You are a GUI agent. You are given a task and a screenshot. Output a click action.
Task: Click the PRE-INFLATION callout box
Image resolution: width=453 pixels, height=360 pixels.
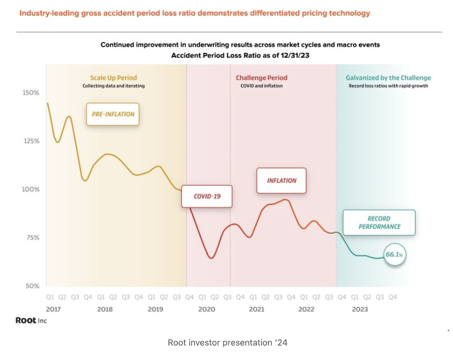tap(113, 114)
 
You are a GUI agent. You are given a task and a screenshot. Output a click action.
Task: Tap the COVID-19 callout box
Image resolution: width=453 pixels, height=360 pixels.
tap(207, 196)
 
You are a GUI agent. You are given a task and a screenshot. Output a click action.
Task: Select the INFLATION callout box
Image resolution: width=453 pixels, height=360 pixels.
tap(281, 181)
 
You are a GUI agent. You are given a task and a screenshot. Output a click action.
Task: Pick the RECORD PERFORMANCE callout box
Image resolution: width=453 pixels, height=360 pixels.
tap(380, 223)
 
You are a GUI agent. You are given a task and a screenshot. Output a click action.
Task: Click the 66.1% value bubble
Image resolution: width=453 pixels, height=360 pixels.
tap(394, 255)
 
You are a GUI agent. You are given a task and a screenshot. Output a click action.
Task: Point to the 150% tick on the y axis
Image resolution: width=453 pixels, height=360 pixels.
tap(30, 93)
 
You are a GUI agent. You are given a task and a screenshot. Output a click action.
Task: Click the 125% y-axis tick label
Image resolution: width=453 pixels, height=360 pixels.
tap(30, 141)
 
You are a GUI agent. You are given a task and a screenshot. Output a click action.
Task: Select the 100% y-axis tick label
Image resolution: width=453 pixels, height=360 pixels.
tap(30, 189)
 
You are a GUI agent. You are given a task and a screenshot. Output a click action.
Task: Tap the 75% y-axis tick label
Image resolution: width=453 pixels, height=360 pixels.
tap(31, 238)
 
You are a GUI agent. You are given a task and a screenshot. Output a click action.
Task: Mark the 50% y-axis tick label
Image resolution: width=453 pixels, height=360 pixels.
tap(31, 286)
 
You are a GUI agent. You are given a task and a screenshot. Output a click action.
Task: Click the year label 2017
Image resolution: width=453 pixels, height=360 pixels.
tap(53, 309)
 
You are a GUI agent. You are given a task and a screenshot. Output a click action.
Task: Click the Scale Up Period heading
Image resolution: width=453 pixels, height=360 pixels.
tap(113, 78)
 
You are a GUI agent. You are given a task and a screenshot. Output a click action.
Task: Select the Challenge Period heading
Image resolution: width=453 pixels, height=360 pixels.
tap(261, 78)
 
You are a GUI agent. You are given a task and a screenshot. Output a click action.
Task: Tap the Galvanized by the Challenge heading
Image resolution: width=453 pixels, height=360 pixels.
tap(388, 78)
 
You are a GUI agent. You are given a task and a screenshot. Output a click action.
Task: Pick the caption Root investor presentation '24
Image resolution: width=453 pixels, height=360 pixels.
tap(227, 343)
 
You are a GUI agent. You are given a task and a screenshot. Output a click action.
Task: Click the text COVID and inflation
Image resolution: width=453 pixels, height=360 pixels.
tap(261, 86)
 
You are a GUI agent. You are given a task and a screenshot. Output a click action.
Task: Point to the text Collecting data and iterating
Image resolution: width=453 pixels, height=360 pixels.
tap(113, 86)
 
